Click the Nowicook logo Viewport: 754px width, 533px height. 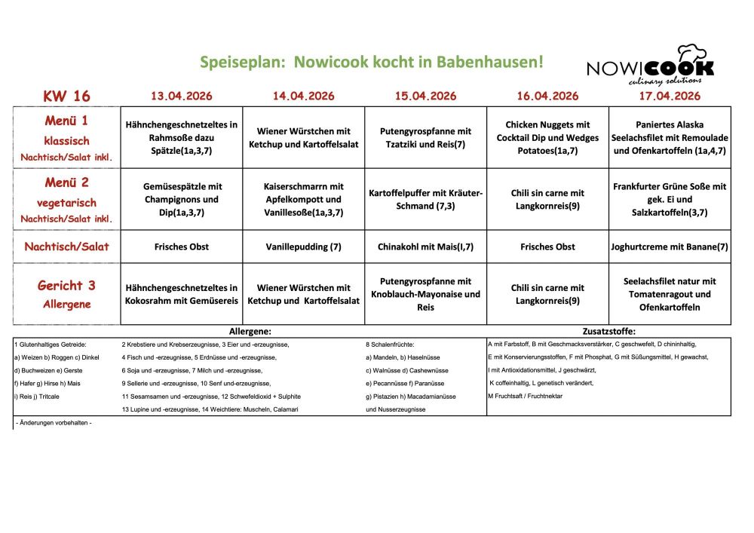(650, 66)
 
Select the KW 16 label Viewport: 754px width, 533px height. (66, 96)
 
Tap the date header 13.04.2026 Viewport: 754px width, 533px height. (182, 96)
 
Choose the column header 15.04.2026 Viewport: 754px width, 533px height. (426, 96)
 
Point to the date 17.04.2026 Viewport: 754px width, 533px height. (670, 96)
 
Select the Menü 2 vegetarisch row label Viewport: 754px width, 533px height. (67, 199)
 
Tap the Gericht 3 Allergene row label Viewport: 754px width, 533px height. (67, 293)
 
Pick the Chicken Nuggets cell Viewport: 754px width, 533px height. (547, 137)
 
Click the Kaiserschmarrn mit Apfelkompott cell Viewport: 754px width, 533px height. (304, 199)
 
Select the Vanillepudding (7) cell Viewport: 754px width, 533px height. (304, 247)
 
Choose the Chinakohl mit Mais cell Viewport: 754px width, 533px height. (426, 247)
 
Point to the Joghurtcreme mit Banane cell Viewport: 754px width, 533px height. (670, 247)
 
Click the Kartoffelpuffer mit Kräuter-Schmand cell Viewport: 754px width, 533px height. (426, 199)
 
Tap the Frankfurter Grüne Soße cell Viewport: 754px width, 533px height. (670, 199)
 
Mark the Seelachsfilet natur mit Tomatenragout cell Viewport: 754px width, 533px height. (670, 294)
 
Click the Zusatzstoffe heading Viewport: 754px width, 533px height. (609, 331)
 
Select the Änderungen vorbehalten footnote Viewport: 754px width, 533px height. (54, 423)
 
